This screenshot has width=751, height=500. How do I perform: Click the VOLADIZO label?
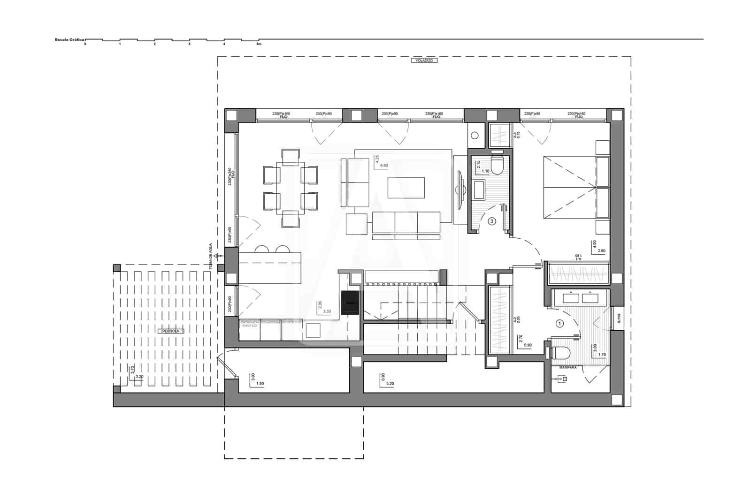(x=424, y=61)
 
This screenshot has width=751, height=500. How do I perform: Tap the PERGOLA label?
(x=170, y=331)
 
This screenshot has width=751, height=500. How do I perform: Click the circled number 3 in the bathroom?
(x=492, y=221)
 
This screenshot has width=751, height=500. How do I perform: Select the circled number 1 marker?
(x=559, y=323)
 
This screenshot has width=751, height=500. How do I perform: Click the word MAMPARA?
(x=567, y=368)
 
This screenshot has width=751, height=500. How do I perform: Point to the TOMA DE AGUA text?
(x=211, y=256)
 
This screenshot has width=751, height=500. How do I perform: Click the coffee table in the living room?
(x=406, y=188)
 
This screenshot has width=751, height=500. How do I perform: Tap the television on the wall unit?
(x=460, y=189)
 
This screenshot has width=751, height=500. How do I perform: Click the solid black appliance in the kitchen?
(x=350, y=302)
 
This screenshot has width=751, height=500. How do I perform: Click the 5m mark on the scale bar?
(x=259, y=44)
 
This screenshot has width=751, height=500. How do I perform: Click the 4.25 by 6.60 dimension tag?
(x=381, y=162)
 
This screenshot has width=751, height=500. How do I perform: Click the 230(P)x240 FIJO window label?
(x=230, y=176)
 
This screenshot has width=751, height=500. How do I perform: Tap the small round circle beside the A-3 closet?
(x=475, y=136)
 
